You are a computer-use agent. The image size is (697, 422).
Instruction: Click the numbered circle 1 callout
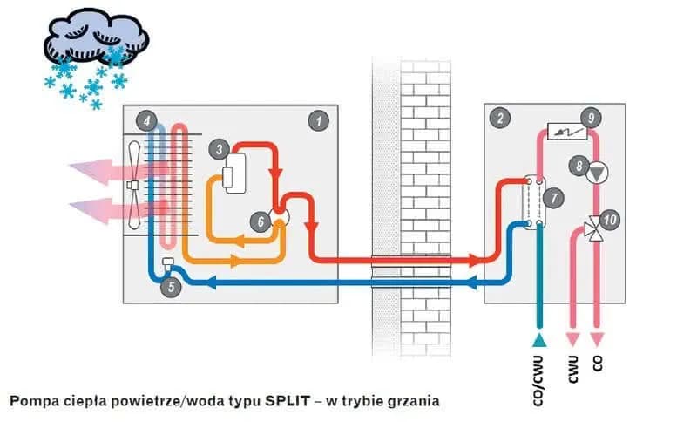coord(320,119)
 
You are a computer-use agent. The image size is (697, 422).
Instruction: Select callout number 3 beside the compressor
coord(218,150)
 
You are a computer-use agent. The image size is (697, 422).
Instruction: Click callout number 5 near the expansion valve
coord(172,284)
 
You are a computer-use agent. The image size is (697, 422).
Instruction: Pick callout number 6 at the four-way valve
coord(259,221)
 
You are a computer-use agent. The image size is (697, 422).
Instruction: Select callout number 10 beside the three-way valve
coord(611,221)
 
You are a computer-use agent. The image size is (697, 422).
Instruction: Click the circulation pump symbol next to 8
coord(596,173)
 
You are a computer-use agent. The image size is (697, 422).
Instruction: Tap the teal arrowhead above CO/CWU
coord(540,337)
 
